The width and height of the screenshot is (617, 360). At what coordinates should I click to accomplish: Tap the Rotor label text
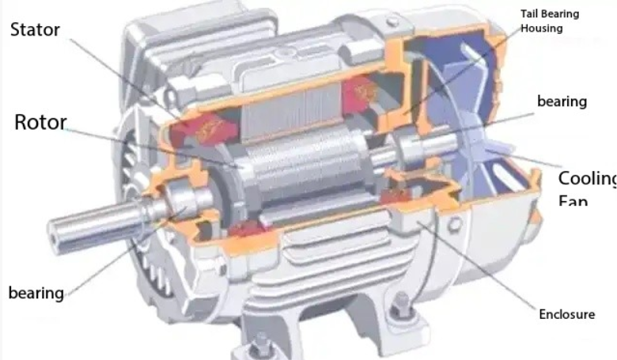(x=40, y=123)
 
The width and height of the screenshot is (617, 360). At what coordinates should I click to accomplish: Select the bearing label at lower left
(x=36, y=293)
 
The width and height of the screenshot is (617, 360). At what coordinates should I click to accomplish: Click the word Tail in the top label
(x=531, y=14)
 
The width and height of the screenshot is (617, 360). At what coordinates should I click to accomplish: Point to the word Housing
(x=542, y=28)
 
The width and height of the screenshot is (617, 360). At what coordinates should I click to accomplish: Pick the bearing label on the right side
(x=562, y=101)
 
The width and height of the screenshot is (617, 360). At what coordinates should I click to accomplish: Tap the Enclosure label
(x=566, y=314)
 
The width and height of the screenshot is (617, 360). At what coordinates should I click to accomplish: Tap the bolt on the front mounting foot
(x=262, y=343)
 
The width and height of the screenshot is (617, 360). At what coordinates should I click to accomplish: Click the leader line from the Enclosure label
(x=483, y=270)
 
